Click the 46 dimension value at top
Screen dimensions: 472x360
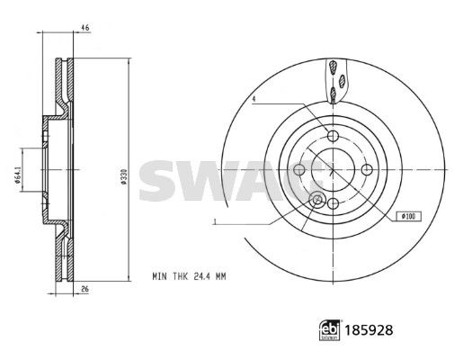pos(85,28)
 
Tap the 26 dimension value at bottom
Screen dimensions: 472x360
pos(85,289)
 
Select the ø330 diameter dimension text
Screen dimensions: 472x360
pos(123,176)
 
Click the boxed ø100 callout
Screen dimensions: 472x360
pos(409,216)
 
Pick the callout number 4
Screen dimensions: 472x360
pos(254,98)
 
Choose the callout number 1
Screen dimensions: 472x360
pos(215,222)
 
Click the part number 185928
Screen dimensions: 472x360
pos(369,330)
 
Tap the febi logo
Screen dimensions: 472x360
pos(330,330)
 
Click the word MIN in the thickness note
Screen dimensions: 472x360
pos(159,276)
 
